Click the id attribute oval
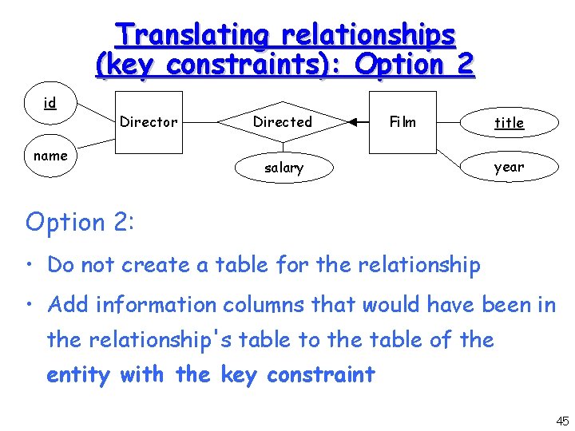tap(50, 104)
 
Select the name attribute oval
tap(50, 156)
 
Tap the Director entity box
tap(149, 122)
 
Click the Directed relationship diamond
tap(283, 122)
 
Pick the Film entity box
tap(402, 122)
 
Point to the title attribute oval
tap(509, 122)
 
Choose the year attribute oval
tap(509, 167)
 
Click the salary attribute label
tap(284, 168)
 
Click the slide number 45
tap(562, 421)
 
